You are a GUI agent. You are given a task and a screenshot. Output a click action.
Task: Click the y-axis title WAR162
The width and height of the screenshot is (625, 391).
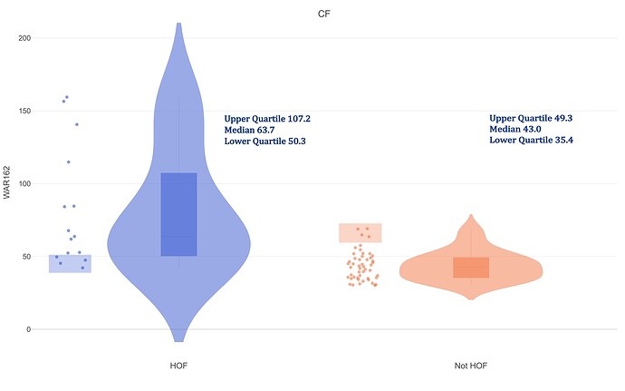[8, 182]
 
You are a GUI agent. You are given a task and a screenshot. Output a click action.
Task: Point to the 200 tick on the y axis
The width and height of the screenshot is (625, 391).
[24, 38]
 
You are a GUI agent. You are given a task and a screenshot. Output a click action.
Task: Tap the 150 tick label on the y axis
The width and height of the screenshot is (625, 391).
[24, 111]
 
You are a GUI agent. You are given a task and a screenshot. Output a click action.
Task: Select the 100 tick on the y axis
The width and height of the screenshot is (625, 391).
[24, 183]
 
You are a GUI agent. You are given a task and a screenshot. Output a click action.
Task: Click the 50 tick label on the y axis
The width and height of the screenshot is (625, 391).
[26, 257]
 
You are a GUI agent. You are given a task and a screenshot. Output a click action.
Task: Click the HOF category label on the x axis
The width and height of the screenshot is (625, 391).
[178, 366]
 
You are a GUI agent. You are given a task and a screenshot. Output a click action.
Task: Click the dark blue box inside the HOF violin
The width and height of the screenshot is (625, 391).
[178, 214]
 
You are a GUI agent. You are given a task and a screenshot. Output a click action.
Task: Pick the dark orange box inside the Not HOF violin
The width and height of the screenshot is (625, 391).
[471, 268]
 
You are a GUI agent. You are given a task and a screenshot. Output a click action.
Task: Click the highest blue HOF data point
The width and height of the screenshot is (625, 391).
[67, 97]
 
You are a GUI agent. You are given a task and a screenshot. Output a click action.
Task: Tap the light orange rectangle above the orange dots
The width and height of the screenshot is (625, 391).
[361, 233]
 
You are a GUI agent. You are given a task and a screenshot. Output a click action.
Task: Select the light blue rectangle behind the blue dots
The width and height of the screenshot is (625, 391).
[70, 264]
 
